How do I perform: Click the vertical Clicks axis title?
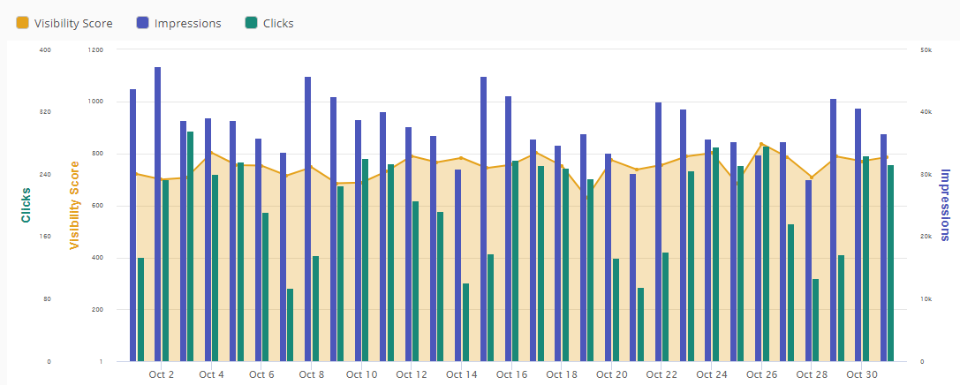click(26, 205)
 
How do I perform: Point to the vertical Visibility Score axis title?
click(74, 205)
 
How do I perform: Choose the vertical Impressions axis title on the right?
click(944, 205)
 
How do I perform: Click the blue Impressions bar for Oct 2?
click(158, 214)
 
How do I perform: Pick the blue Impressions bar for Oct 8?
click(308, 219)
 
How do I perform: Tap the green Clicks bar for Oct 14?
click(465, 322)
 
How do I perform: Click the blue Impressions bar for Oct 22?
click(658, 231)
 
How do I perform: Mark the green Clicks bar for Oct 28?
click(815, 320)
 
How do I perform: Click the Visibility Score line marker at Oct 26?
click(760, 144)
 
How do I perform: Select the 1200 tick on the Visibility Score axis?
click(95, 50)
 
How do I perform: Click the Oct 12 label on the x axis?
click(412, 374)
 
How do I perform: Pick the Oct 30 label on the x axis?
click(862, 374)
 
